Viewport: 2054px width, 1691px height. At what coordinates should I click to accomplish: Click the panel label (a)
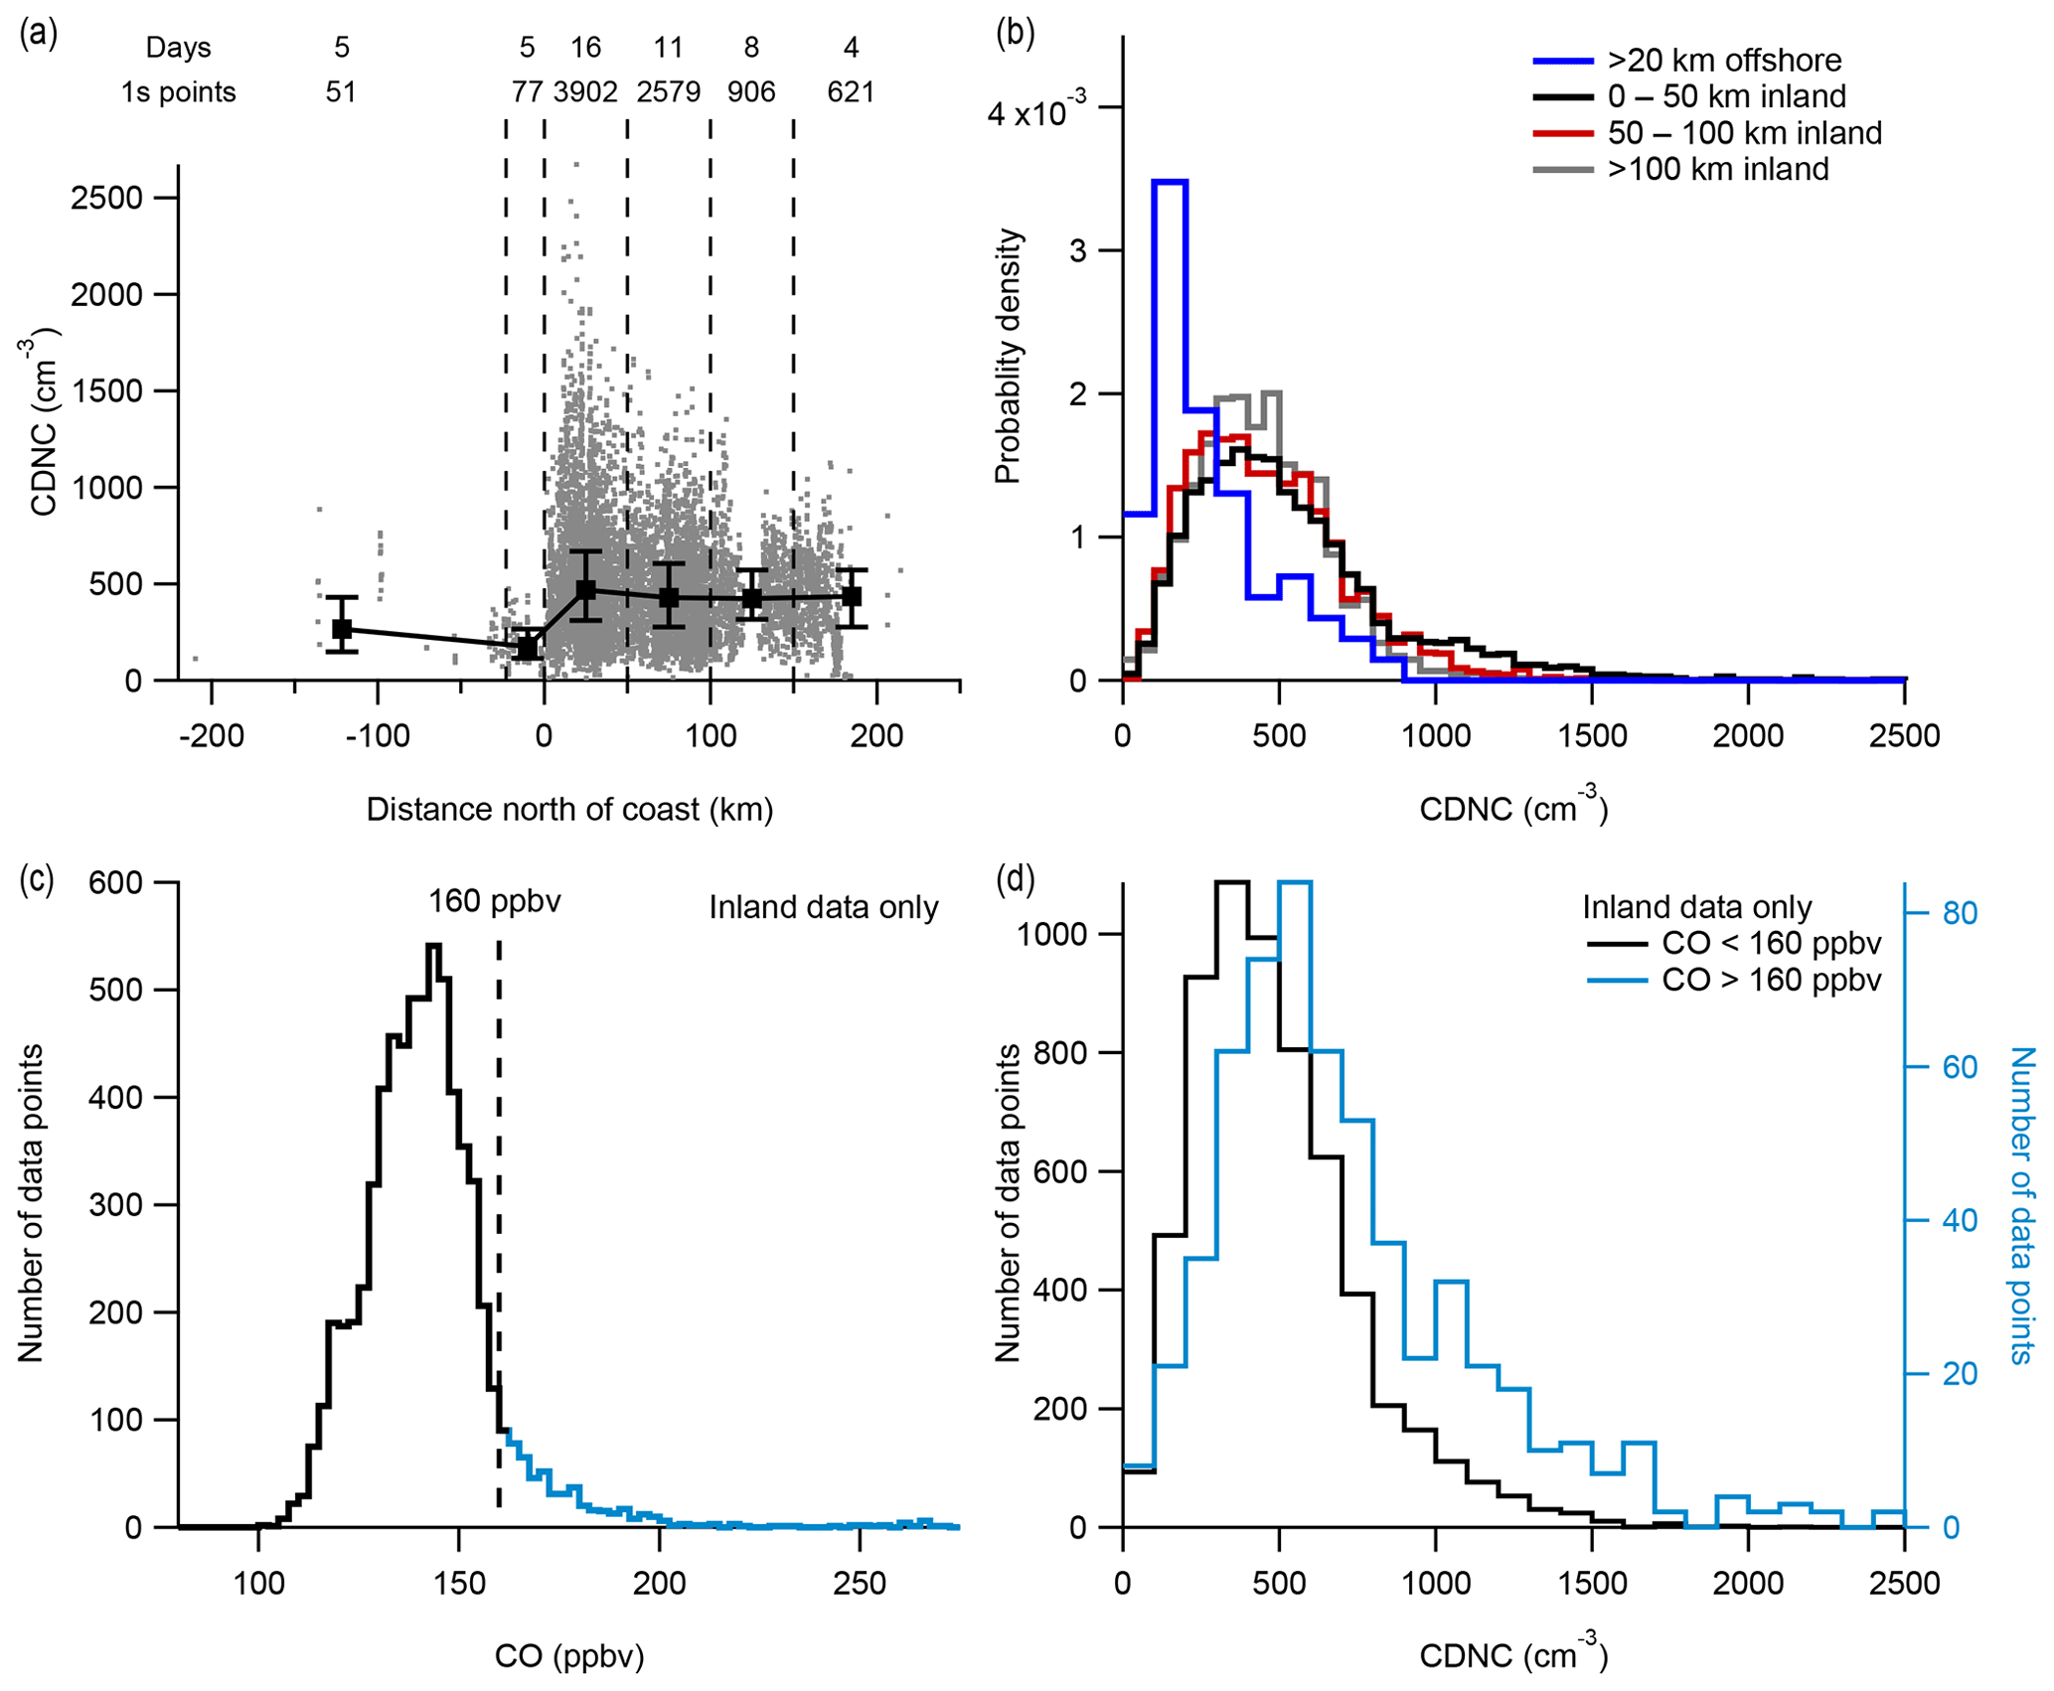tap(38, 34)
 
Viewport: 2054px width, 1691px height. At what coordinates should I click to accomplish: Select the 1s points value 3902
tap(585, 92)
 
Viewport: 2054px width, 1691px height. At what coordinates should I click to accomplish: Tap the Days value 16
tap(585, 48)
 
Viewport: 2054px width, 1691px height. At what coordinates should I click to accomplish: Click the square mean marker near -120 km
tap(342, 629)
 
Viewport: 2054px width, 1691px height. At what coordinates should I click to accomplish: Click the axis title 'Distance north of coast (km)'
tap(569, 810)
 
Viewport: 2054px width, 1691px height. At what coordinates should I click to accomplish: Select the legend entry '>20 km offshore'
tap(1724, 61)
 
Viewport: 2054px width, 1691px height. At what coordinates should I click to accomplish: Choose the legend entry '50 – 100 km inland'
tap(1744, 133)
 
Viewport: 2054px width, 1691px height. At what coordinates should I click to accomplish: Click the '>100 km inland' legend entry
tap(1717, 169)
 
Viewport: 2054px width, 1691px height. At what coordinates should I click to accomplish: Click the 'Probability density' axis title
tap(1008, 356)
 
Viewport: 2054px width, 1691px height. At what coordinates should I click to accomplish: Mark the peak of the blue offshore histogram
tap(1170, 182)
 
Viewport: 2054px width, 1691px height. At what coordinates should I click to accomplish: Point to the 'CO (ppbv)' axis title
tap(569, 1655)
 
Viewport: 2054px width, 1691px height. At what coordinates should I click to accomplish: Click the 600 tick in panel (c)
tap(115, 883)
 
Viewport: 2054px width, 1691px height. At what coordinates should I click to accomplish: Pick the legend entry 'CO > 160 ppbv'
tap(1771, 980)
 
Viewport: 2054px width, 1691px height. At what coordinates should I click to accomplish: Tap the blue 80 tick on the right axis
tap(1960, 913)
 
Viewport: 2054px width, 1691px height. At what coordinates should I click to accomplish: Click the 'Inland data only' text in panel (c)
tap(823, 907)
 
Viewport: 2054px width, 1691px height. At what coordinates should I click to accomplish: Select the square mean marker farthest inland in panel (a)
tap(851, 596)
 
